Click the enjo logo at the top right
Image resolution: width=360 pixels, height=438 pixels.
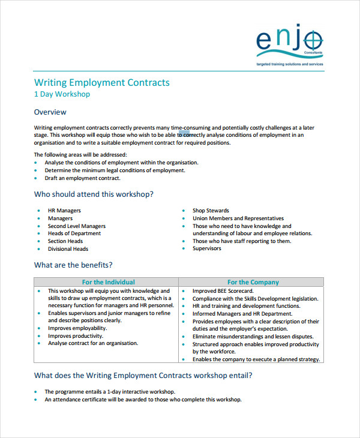(x=289, y=41)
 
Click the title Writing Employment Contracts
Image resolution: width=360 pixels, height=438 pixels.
(x=101, y=82)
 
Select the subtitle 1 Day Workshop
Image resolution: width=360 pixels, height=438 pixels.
(x=62, y=94)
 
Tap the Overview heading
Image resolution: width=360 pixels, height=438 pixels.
(x=50, y=112)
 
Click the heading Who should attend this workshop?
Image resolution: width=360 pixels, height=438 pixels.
(x=93, y=194)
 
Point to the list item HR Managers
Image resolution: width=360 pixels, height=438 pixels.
(x=64, y=211)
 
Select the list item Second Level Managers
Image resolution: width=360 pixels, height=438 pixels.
(x=77, y=226)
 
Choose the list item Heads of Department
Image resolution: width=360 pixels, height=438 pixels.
(x=74, y=233)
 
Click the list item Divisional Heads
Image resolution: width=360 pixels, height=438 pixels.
(x=68, y=249)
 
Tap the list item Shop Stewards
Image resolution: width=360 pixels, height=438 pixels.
(x=211, y=211)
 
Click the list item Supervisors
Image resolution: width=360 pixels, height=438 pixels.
(x=206, y=248)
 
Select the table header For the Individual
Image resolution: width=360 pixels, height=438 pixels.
(x=108, y=282)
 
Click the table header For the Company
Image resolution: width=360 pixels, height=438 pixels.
(x=253, y=282)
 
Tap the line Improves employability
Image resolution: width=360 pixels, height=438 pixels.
(x=77, y=328)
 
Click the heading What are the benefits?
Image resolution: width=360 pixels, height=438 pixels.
(x=73, y=265)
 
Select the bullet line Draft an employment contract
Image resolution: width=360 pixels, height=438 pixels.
(x=83, y=178)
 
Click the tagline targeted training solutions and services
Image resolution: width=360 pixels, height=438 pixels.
(x=290, y=63)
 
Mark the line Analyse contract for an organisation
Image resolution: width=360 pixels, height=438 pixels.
(x=93, y=343)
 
